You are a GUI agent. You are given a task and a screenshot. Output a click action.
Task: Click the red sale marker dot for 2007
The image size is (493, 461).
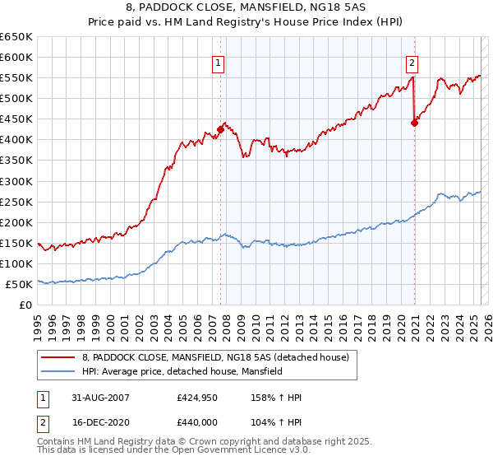coord(220,129)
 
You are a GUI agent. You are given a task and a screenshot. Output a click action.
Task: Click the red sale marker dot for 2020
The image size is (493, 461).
coord(414,123)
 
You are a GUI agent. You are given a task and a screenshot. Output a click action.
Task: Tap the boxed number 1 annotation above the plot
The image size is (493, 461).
coord(219,62)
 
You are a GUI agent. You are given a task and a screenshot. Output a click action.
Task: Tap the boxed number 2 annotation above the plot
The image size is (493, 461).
coord(412,62)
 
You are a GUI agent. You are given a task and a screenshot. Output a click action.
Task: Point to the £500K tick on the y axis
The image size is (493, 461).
coord(16,99)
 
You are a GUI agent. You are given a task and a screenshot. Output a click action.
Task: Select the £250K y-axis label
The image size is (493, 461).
coord(16,202)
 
